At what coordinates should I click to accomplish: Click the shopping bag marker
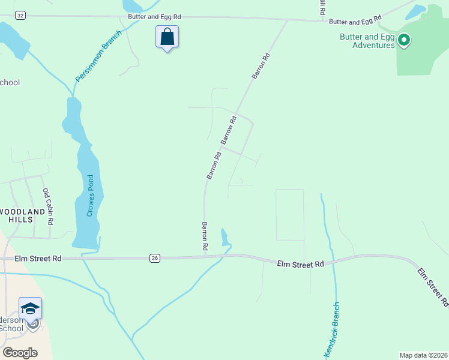[x=167, y=37]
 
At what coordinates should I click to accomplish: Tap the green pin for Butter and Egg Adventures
[x=404, y=40]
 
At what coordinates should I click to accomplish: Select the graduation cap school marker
[x=31, y=309]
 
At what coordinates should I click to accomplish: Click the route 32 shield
[x=21, y=16]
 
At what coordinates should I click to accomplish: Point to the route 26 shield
[x=155, y=258]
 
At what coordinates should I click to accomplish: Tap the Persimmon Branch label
[x=98, y=56]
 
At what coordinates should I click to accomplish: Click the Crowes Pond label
[x=90, y=196]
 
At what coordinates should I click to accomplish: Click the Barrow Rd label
[x=229, y=130]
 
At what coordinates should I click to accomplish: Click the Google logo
[x=20, y=353]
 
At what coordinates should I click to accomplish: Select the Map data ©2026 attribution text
[x=423, y=355]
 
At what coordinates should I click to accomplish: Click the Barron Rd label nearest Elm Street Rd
[x=205, y=236]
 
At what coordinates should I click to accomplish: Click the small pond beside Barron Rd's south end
[x=225, y=238]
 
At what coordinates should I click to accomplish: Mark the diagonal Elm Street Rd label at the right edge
[x=432, y=287]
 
